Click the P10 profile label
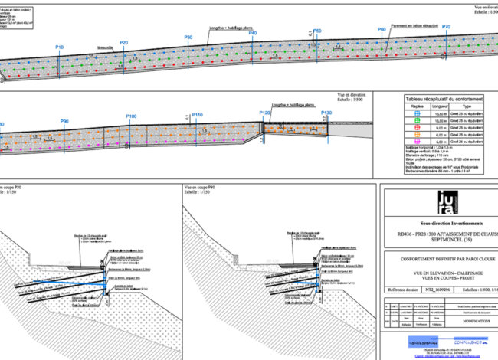coord(60,47)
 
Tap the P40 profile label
coord(252,34)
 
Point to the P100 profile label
coord(131,116)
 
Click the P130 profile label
coord(326,113)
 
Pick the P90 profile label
coord(64,122)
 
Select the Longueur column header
coord(441,107)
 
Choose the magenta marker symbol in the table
coord(418,142)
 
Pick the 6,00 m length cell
coord(441,142)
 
